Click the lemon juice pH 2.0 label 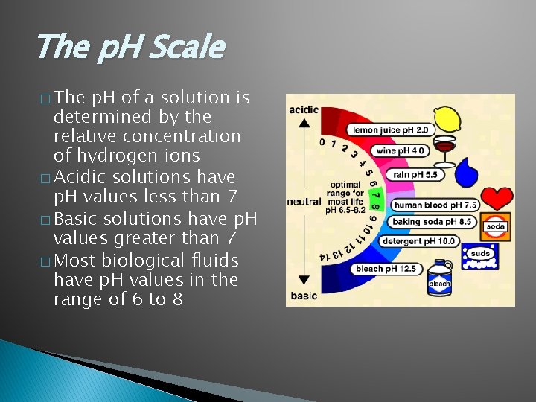pos(391,130)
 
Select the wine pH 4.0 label pos(401,150)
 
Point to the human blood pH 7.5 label pos(435,205)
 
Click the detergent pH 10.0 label pos(419,241)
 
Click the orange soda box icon pos(496,226)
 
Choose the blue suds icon pos(480,256)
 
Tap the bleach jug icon pos(439,279)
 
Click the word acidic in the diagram pos(304,110)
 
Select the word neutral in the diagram pos(304,202)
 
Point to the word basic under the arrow pos(303,296)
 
